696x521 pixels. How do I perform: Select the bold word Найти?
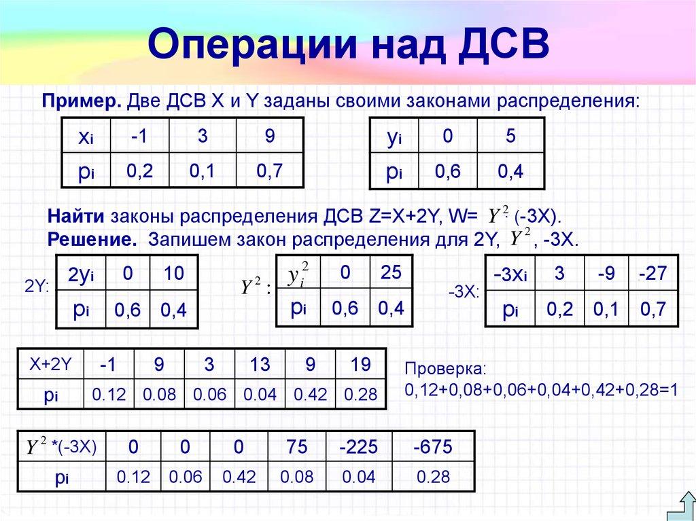click(75, 217)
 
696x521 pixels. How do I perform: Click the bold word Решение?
click(89, 239)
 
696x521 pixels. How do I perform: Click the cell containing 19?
click(360, 365)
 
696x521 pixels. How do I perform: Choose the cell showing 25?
click(391, 272)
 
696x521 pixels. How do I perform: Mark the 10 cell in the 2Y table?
click(174, 274)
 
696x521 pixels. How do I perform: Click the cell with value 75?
click(296, 447)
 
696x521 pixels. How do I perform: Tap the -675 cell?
click(433, 447)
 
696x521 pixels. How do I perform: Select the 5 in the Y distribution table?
click(510, 136)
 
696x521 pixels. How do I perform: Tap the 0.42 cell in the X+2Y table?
click(310, 395)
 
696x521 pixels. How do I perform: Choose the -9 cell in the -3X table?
click(608, 275)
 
